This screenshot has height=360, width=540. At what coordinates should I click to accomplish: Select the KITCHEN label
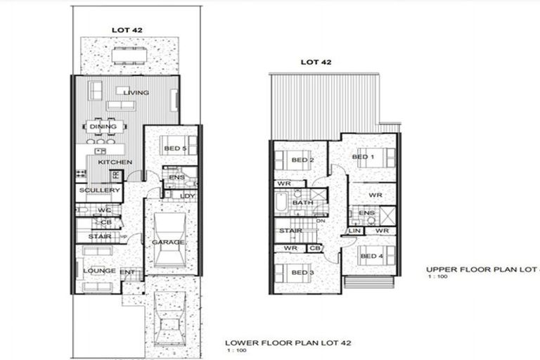pyautogui.click(x=115, y=162)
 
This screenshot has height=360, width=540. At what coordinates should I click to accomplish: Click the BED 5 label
pyautogui.click(x=174, y=148)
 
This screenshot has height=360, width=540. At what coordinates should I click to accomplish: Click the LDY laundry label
pyautogui.click(x=187, y=195)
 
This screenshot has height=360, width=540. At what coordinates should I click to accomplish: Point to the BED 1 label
pyautogui.click(x=361, y=157)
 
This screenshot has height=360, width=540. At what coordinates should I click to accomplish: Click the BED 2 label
pyautogui.click(x=302, y=160)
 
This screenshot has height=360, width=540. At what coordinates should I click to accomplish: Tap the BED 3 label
pyautogui.click(x=302, y=272)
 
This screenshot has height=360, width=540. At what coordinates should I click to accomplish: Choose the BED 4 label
pyautogui.click(x=371, y=257)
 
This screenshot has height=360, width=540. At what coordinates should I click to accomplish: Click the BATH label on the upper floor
pyautogui.click(x=303, y=202)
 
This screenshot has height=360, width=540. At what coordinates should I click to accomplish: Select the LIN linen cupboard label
pyautogui.click(x=354, y=231)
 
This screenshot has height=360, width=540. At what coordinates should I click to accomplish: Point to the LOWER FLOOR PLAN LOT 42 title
pyautogui.click(x=288, y=342)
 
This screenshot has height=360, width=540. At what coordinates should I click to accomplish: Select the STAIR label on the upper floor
pyautogui.click(x=290, y=231)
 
